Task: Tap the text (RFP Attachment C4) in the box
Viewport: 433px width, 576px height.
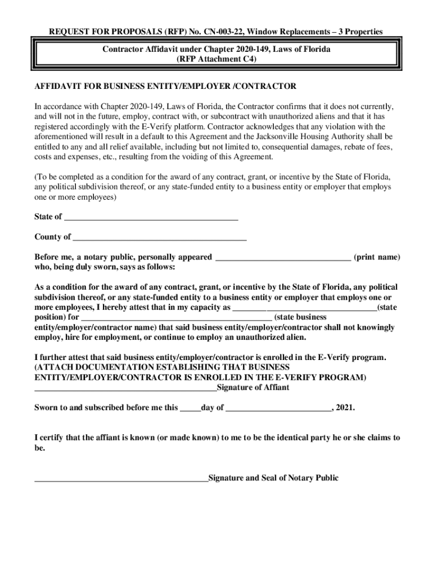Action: [x=216, y=58]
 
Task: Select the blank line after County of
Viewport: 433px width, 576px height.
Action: [x=160, y=238]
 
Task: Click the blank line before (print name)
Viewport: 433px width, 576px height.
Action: [x=283, y=258]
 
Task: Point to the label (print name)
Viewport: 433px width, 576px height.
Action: [x=377, y=257]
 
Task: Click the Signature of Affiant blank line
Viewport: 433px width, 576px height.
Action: [x=125, y=389]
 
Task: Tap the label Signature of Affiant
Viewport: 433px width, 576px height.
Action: [x=253, y=388]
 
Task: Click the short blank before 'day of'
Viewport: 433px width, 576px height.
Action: [x=190, y=409]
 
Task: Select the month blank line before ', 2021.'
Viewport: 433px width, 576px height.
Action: [x=279, y=409]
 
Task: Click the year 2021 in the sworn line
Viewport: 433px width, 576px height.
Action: [x=345, y=408]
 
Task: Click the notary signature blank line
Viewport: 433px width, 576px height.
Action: [x=121, y=480]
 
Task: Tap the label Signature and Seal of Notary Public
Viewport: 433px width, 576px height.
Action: [x=273, y=478]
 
